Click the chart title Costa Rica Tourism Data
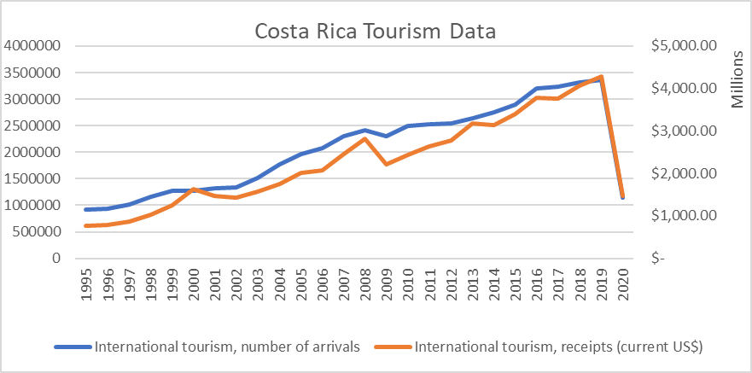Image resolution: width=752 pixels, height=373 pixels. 376,32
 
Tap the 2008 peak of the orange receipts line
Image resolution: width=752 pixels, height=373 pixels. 365,138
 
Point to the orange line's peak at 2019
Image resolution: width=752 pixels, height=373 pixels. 602,77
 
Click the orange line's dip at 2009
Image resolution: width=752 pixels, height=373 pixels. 387,164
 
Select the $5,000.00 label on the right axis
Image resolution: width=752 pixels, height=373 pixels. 683,46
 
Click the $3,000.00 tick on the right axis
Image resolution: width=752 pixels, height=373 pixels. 683,131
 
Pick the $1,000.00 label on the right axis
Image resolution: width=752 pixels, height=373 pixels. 683,215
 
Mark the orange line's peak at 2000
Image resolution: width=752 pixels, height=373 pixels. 194,189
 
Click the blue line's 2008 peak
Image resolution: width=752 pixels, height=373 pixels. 365,131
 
